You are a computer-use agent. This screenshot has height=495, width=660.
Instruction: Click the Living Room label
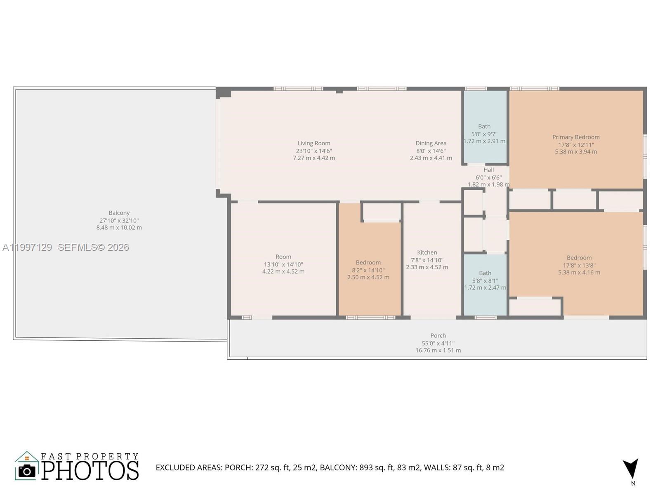[314, 144]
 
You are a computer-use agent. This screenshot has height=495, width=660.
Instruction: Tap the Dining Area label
[431, 144]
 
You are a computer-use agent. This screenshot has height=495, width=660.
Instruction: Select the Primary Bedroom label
[576, 137]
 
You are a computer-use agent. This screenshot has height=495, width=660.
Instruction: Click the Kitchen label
[427, 252]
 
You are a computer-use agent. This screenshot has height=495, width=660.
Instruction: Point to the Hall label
[488, 170]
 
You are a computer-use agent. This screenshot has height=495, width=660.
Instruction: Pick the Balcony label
[119, 213]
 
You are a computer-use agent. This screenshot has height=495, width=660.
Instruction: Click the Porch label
[438, 336]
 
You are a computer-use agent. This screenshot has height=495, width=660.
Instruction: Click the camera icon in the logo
[27, 471]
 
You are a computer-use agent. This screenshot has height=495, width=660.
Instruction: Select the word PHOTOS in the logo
[90, 471]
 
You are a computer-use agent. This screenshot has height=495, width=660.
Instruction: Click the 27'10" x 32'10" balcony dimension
[119, 221]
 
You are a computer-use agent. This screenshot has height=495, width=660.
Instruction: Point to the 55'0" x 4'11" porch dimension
[438, 343]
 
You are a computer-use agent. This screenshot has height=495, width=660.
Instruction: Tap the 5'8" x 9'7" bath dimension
[484, 134]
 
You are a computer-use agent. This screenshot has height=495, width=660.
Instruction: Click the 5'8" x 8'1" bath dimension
[485, 280]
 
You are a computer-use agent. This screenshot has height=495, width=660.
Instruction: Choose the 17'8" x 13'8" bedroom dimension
[579, 265]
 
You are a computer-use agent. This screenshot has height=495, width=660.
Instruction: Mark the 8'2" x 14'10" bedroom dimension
[368, 270]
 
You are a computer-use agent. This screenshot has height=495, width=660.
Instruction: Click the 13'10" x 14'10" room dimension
[283, 264]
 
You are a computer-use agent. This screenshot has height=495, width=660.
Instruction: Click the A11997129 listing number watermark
[27, 247]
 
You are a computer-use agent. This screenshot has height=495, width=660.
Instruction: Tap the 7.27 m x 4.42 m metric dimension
[314, 158]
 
